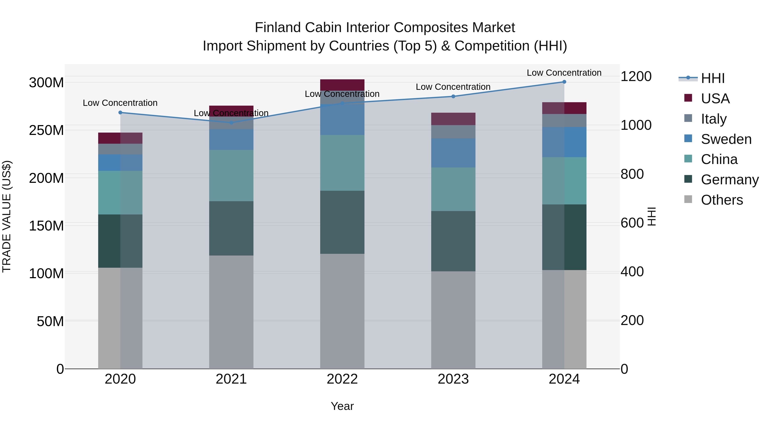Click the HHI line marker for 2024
coord(564,82)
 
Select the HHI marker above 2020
coord(120,113)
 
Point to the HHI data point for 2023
coord(453,96)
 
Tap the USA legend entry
coord(715,99)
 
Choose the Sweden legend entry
coord(726,139)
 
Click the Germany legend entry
coord(729,180)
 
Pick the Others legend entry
coord(722,200)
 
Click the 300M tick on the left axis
coord(46,83)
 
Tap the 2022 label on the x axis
coord(342,379)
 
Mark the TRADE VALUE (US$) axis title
coord(7,216)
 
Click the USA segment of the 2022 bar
coord(342,85)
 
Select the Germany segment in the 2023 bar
coord(453,241)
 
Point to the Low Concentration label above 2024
coord(564,73)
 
